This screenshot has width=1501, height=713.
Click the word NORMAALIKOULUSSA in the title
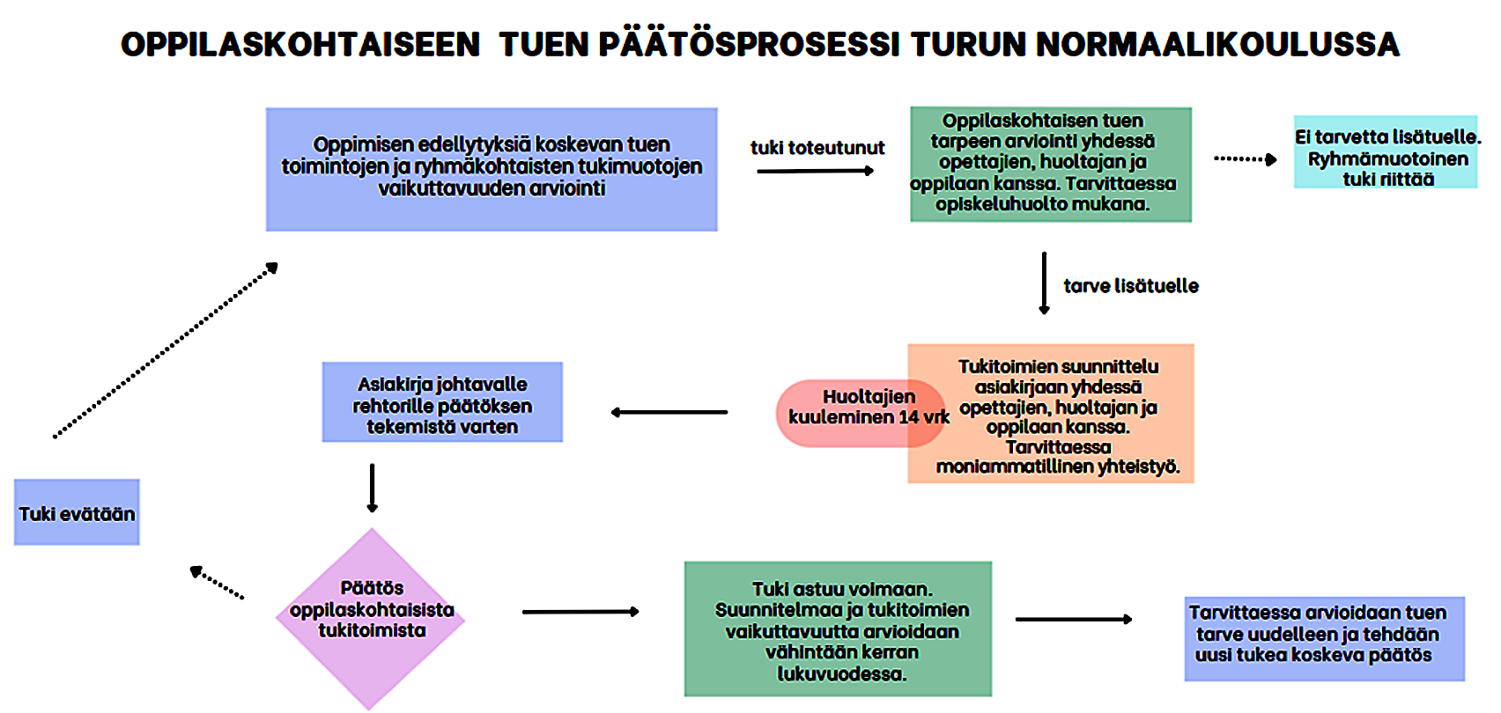(x=1216, y=44)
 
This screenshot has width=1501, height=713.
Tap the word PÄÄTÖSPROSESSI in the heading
(x=749, y=43)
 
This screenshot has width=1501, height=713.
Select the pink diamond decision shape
(x=371, y=619)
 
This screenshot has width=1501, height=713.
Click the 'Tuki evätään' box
(x=77, y=512)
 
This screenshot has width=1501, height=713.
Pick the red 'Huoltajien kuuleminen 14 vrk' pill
(x=861, y=414)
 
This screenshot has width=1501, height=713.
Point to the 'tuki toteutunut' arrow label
(x=817, y=148)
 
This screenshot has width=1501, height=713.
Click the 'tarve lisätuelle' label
(x=1130, y=286)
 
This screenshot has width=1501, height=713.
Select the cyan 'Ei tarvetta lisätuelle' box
(x=1386, y=152)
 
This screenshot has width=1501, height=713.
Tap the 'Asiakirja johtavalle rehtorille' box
(x=442, y=401)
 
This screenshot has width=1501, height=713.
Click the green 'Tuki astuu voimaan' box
(x=839, y=628)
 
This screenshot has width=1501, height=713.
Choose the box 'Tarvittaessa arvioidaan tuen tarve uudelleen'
(x=1325, y=639)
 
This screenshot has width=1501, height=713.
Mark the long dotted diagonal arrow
(x=166, y=350)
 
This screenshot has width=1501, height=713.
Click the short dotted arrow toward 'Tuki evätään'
(x=217, y=582)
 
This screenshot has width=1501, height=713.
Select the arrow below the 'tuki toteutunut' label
(x=816, y=172)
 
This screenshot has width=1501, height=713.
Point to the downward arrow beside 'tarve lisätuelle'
(x=1044, y=283)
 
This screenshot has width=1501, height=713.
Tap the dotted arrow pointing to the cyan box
(x=1246, y=159)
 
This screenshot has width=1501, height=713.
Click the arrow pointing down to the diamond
(x=372, y=488)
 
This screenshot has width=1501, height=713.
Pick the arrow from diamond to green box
(x=581, y=612)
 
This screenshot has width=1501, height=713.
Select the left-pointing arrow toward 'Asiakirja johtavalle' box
(x=669, y=413)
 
